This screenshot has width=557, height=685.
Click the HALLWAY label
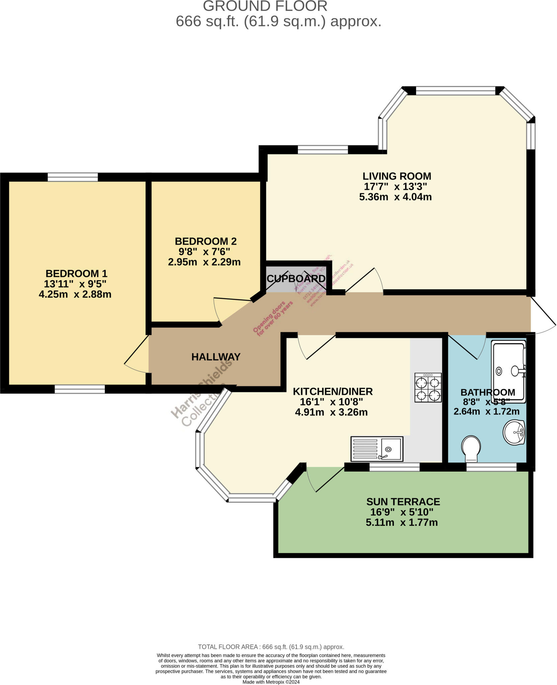[216, 357]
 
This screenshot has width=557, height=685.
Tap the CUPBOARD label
[296, 279]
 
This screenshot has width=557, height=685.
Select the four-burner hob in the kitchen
[428, 388]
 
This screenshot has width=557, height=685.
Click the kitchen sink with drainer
[377, 449]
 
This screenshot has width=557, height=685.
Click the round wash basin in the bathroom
[514, 432]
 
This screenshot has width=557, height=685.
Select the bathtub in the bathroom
[508, 371]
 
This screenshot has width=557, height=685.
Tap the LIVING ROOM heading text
[397, 176]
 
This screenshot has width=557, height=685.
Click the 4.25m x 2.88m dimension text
[75, 294]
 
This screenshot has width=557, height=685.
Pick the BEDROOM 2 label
[206, 241]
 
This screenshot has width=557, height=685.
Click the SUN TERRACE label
[403, 502]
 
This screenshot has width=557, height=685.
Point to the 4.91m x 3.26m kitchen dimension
[331, 412]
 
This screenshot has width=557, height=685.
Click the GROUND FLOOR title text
[265, 6]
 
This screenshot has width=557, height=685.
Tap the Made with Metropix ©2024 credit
[271, 682]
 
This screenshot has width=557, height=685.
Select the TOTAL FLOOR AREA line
[271, 647]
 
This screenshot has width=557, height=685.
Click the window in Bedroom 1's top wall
[73, 177]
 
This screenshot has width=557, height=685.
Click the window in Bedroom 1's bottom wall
[80, 389]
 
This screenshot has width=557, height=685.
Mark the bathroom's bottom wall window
[491, 467]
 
